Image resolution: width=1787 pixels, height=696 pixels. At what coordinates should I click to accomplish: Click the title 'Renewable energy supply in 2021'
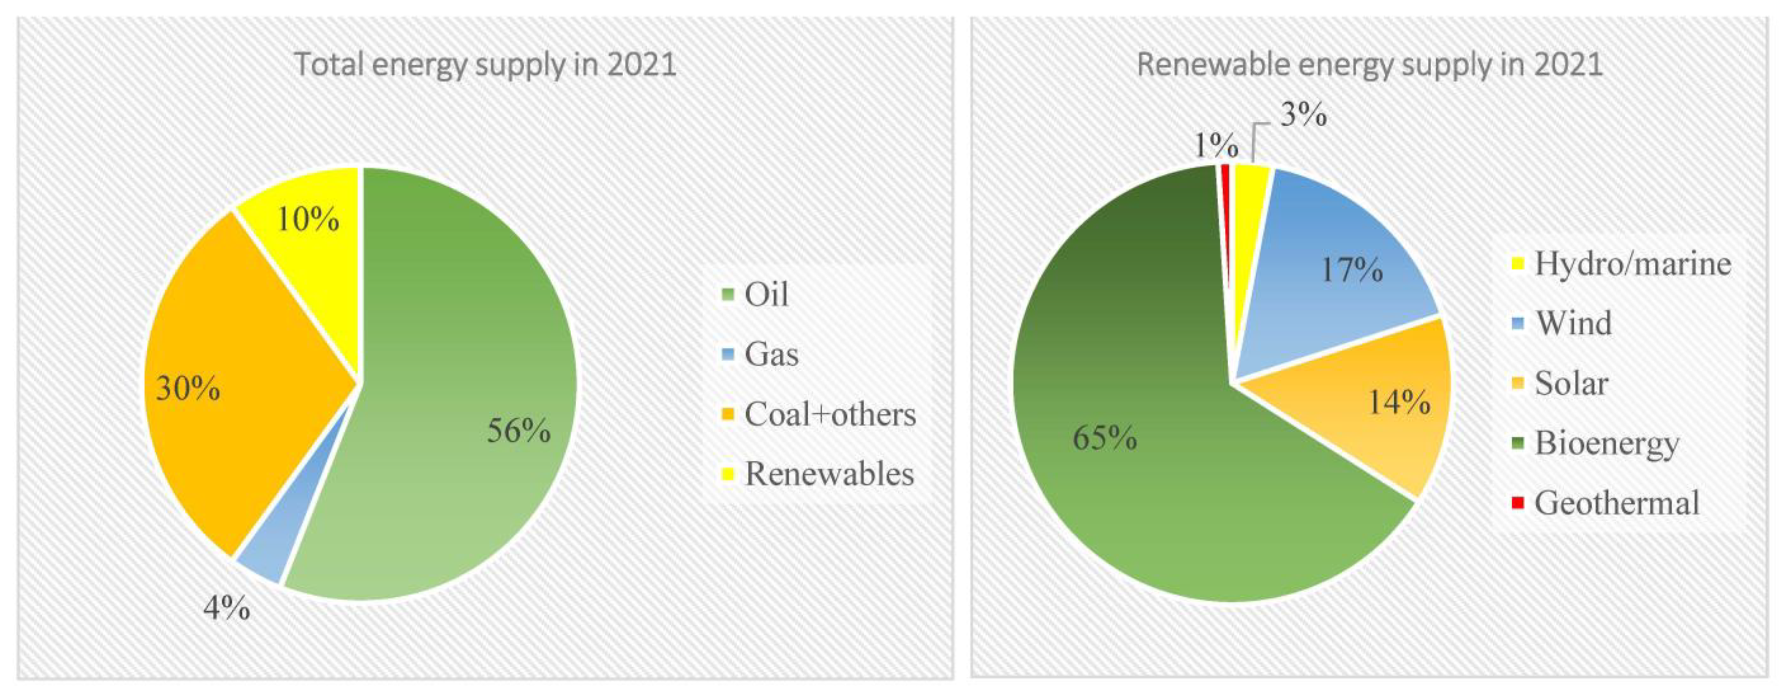coord(1370,65)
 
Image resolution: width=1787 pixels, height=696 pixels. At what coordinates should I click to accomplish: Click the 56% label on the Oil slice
coord(518,431)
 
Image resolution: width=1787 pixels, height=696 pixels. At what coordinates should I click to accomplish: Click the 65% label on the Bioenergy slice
coord(1105,438)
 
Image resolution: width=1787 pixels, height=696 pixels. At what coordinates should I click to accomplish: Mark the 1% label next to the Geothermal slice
coord(1215,146)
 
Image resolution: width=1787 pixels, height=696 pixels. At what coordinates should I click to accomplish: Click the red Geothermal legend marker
coord(1518,502)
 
